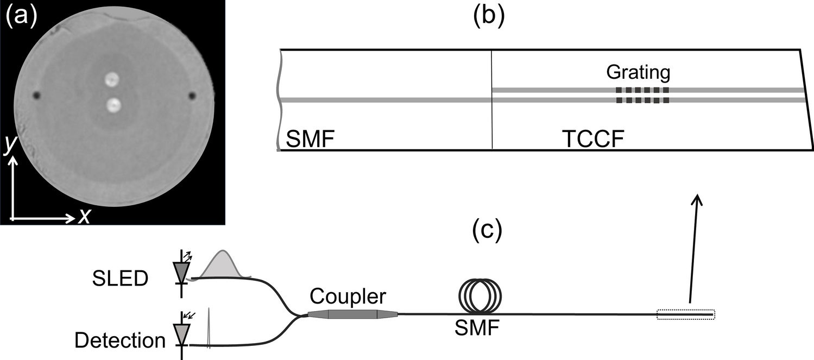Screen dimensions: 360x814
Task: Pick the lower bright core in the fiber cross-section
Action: coord(113,105)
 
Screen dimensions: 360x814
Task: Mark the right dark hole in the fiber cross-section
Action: coord(192,96)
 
